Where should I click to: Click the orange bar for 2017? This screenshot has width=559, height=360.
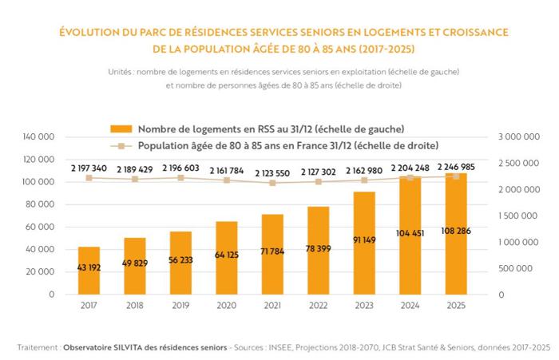tap(89, 271)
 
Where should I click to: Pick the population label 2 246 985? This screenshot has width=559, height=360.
tap(456, 167)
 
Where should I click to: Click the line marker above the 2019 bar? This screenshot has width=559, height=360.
tap(181, 177)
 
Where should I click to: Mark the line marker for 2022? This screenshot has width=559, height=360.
tap(319, 182)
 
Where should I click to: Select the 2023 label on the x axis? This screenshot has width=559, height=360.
tap(364, 305)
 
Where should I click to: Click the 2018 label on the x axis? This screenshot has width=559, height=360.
tap(135, 305)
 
